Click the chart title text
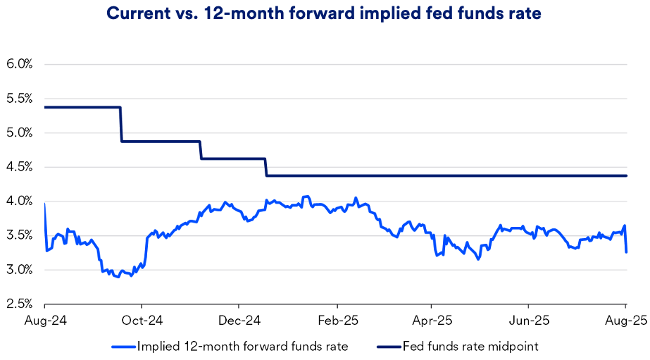click(x=325, y=14)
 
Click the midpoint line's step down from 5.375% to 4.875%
click(x=120, y=125)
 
